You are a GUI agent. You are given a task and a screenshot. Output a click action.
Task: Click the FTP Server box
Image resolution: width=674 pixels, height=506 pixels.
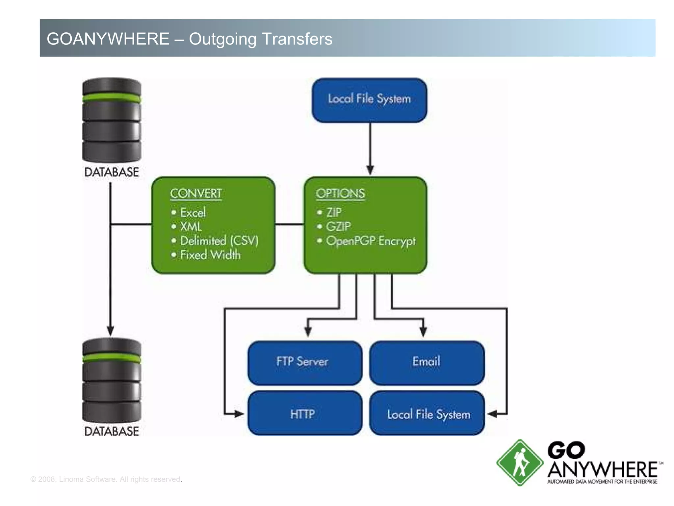pyautogui.click(x=305, y=362)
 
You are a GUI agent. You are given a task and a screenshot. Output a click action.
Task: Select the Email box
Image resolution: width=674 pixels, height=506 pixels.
pyautogui.click(x=427, y=362)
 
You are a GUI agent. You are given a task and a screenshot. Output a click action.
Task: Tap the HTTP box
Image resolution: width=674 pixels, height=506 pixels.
pyautogui.click(x=305, y=414)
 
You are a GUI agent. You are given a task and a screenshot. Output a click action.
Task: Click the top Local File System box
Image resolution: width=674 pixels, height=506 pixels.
pyautogui.click(x=369, y=100)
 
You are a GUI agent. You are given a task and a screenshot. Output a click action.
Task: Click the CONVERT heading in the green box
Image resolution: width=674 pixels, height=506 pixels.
pyautogui.click(x=196, y=193)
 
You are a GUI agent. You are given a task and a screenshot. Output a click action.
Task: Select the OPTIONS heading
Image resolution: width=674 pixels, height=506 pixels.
pyautogui.click(x=340, y=193)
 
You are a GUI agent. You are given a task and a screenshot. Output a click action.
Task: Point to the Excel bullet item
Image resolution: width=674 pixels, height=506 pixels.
pyautogui.click(x=193, y=212)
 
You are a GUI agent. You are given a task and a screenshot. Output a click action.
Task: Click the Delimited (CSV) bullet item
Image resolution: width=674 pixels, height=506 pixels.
pyautogui.click(x=219, y=241)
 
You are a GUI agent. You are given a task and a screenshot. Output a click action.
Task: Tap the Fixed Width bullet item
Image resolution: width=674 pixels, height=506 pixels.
pyautogui.click(x=210, y=255)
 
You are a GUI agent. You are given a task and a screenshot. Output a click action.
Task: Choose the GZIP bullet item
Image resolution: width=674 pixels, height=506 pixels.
pyautogui.click(x=338, y=227)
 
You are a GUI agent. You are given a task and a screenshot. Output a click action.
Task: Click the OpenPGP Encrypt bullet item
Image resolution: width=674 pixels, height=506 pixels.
pyautogui.click(x=371, y=241)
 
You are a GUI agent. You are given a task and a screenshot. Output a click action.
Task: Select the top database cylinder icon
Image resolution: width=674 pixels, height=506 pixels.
pyautogui.click(x=112, y=120)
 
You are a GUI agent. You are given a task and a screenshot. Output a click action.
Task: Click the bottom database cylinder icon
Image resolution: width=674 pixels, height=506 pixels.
pyautogui.click(x=112, y=381)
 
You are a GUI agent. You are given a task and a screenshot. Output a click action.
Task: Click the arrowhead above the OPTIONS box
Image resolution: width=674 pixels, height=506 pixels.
pyautogui.click(x=370, y=170)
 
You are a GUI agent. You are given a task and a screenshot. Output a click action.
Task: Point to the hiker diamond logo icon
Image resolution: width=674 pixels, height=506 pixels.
pyautogui.click(x=519, y=463)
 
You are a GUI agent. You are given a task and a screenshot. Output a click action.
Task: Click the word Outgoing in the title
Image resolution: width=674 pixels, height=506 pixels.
pyautogui.click(x=222, y=39)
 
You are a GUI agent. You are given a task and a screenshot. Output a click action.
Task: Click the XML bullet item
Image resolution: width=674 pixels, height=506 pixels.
pyautogui.click(x=191, y=227)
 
